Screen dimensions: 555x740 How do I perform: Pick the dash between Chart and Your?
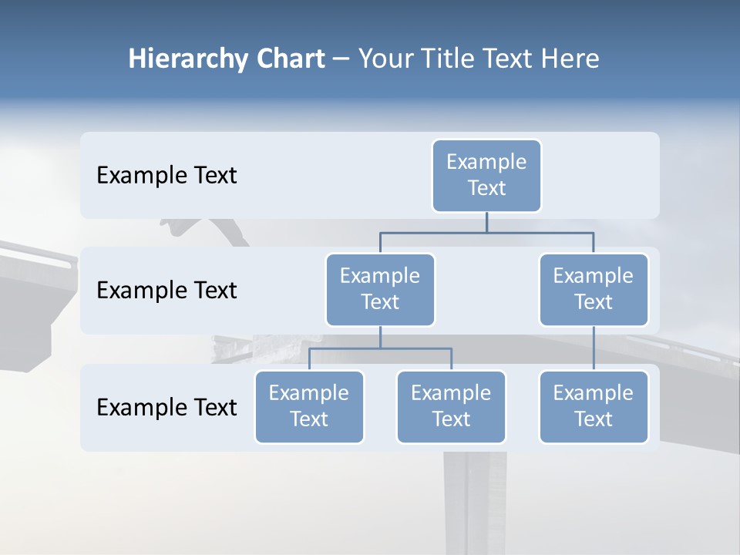pyautogui.click(x=341, y=59)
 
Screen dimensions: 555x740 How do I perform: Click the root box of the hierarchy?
pyautogui.click(x=486, y=175)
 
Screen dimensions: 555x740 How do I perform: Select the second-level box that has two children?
pyautogui.click(x=380, y=289)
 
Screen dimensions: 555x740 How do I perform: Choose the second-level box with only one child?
pyautogui.click(x=594, y=289)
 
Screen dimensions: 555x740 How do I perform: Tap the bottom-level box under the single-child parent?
pyautogui.click(x=594, y=406)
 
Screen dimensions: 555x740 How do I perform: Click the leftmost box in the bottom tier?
pyautogui.click(x=309, y=406)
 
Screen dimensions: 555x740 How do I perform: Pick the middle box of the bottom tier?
pyautogui.click(x=451, y=406)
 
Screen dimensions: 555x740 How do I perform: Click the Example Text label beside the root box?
pyautogui.click(x=166, y=176)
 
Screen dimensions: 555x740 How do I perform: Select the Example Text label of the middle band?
pyautogui.click(x=166, y=291)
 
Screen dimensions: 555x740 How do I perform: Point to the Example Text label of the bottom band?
pyautogui.click(x=166, y=407)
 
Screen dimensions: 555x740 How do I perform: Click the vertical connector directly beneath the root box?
pyautogui.click(x=486, y=222)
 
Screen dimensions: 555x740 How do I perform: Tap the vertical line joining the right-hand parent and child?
pyautogui.click(x=594, y=348)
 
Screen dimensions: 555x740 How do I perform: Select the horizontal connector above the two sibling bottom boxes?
pyautogui.click(x=380, y=348)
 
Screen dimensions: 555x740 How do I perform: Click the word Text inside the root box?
pyautogui.click(x=486, y=188)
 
